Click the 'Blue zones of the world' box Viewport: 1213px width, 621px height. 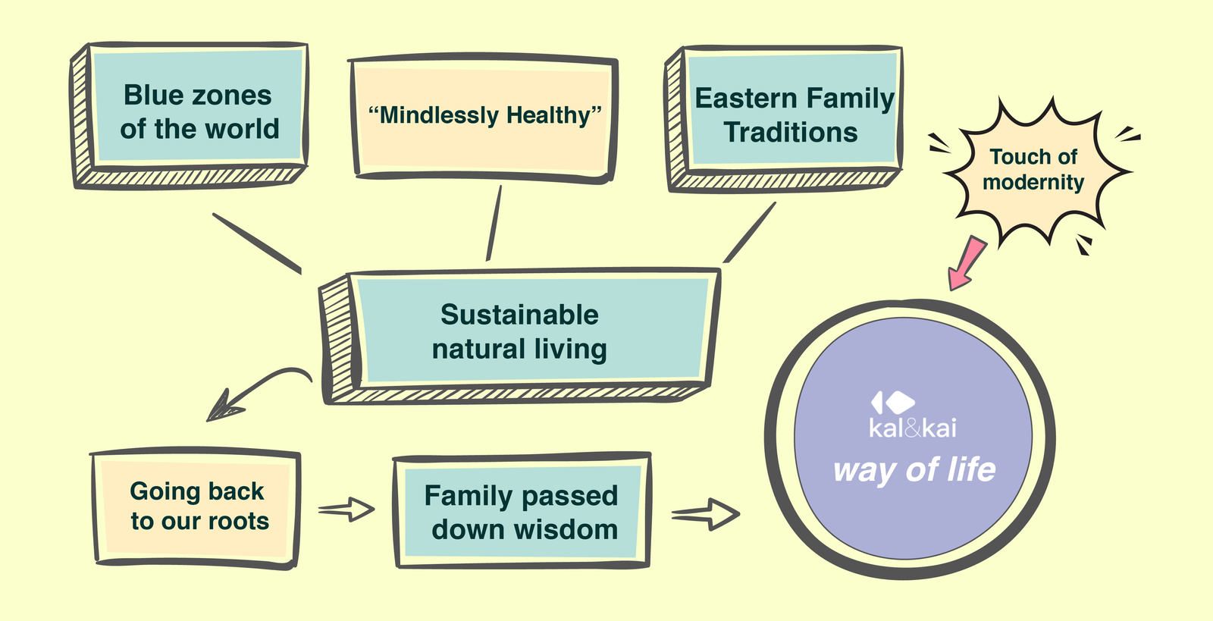click(199, 112)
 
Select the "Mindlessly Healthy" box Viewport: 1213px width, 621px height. click(484, 116)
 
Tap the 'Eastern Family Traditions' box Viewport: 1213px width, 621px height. click(793, 115)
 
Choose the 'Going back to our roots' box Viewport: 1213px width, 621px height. click(199, 507)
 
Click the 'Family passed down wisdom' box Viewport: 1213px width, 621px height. click(522, 512)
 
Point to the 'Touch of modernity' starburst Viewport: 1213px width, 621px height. click(1033, 170)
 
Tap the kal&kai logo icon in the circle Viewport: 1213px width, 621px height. click(892, 402)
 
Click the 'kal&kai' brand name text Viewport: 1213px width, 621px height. click(913, 428)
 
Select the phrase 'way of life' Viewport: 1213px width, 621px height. click(914, 470)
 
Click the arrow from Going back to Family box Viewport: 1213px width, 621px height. click(346, 510)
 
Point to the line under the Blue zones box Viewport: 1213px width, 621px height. click(257, 243)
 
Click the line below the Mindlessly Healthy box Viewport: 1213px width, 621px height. click(494, 224)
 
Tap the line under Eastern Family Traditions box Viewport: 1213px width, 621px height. click(750, 232)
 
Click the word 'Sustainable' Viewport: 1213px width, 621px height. click(519, 315)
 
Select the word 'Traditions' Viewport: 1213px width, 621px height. click(791, 133)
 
